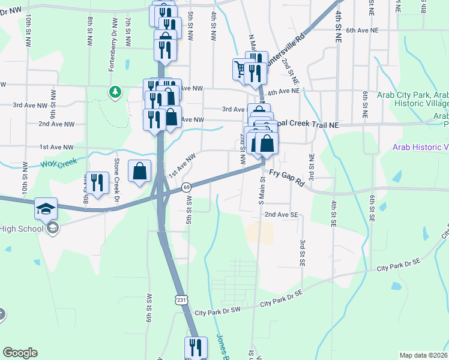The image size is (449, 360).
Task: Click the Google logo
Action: coord(20,353)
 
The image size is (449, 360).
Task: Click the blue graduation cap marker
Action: coord(46,209)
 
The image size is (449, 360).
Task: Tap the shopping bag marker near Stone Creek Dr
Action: coord(139,172)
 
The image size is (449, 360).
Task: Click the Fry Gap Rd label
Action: coord(286,178)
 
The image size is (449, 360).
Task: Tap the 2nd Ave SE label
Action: coord(282,214)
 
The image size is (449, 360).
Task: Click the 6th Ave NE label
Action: coord(363,29)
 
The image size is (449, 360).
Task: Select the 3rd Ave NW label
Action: coord(30,105)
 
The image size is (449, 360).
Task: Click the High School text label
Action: coord(22,229)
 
